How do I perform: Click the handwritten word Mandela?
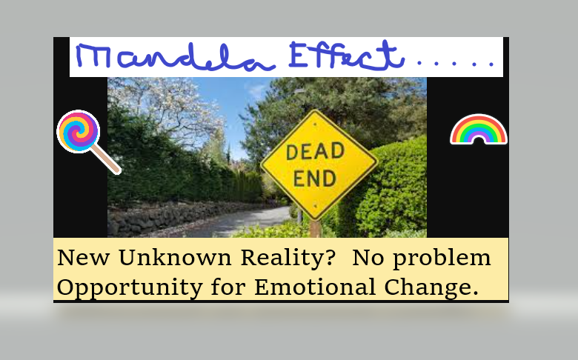coord(175,57)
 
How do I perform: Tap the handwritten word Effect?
coord(347,56)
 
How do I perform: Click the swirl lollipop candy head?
coord(79,132)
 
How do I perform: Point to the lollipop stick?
coord(107,159)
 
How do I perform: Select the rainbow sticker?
coord(479,129)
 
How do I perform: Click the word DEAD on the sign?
coord(315,151)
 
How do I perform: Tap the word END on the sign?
coord(315,179)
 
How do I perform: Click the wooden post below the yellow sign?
coord(316,228)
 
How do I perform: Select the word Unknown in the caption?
coord(175,257)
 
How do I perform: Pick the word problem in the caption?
coord(442,259)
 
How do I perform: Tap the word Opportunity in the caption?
coord(130,288)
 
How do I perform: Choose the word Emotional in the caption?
coord(315,287)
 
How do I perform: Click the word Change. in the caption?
coord(431,287)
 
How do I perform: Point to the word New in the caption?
coord(83,257)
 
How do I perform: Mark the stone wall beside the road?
coord(177,217)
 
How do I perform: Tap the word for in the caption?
coord(228,287)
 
